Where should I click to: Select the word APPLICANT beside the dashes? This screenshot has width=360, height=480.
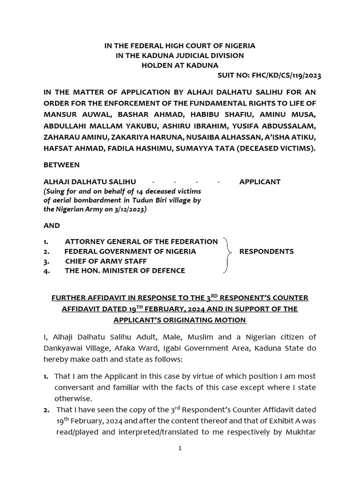[260, 181]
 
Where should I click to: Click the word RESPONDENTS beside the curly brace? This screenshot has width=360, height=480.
[266, 251]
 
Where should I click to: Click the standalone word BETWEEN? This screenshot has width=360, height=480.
[61, 165]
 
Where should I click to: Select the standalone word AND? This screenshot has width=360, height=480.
[52, 225]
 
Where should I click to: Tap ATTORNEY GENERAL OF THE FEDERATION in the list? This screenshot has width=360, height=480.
[141, 241]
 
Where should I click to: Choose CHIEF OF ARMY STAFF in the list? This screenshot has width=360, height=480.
[106, 261]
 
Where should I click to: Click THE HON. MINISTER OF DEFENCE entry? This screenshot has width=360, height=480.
[125, 270]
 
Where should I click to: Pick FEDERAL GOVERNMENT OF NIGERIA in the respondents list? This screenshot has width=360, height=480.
[130, 251]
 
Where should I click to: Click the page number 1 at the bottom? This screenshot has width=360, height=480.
[180, 448]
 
